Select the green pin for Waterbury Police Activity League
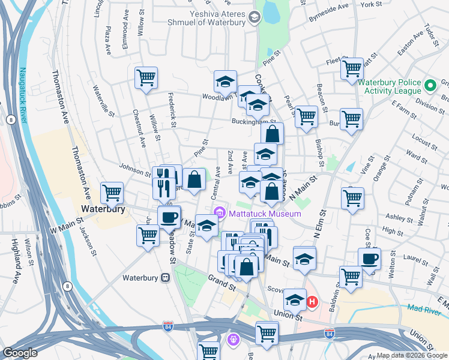click(x=430, y=86)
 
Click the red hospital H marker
click(x=312, y=301)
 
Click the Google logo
click(x=20, y=353)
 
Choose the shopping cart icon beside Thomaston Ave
click(x=112, y=193)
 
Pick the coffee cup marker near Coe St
click(x=369, y=259)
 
